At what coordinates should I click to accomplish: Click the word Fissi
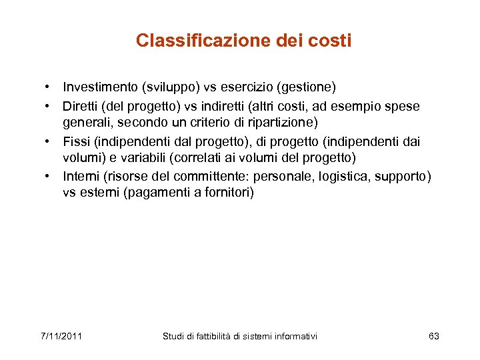(77, 143)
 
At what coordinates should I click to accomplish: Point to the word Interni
(81, 177)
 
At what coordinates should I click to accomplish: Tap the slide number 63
(434, 336)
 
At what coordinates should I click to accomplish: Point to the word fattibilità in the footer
(212, 336)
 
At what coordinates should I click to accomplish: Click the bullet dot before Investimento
(49, 87)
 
